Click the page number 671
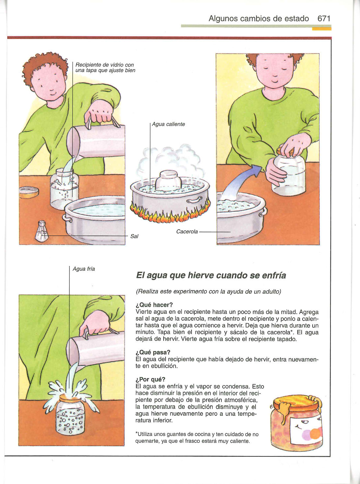[x=324, y=19]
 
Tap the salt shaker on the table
[x=42, y=231]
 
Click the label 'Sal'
[x=134, y=236]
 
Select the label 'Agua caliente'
[x=168, y=124]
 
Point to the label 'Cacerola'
[x=187, y=232]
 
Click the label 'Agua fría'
[x=84, y=269]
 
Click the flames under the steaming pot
[x=170, y=213]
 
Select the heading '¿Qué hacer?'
[x=154, y=305]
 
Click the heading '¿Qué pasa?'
[x=153, y=352]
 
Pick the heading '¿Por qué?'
[x=150, y=379]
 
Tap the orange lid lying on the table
[x=29, y=192]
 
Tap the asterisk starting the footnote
[x=137, y=433]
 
